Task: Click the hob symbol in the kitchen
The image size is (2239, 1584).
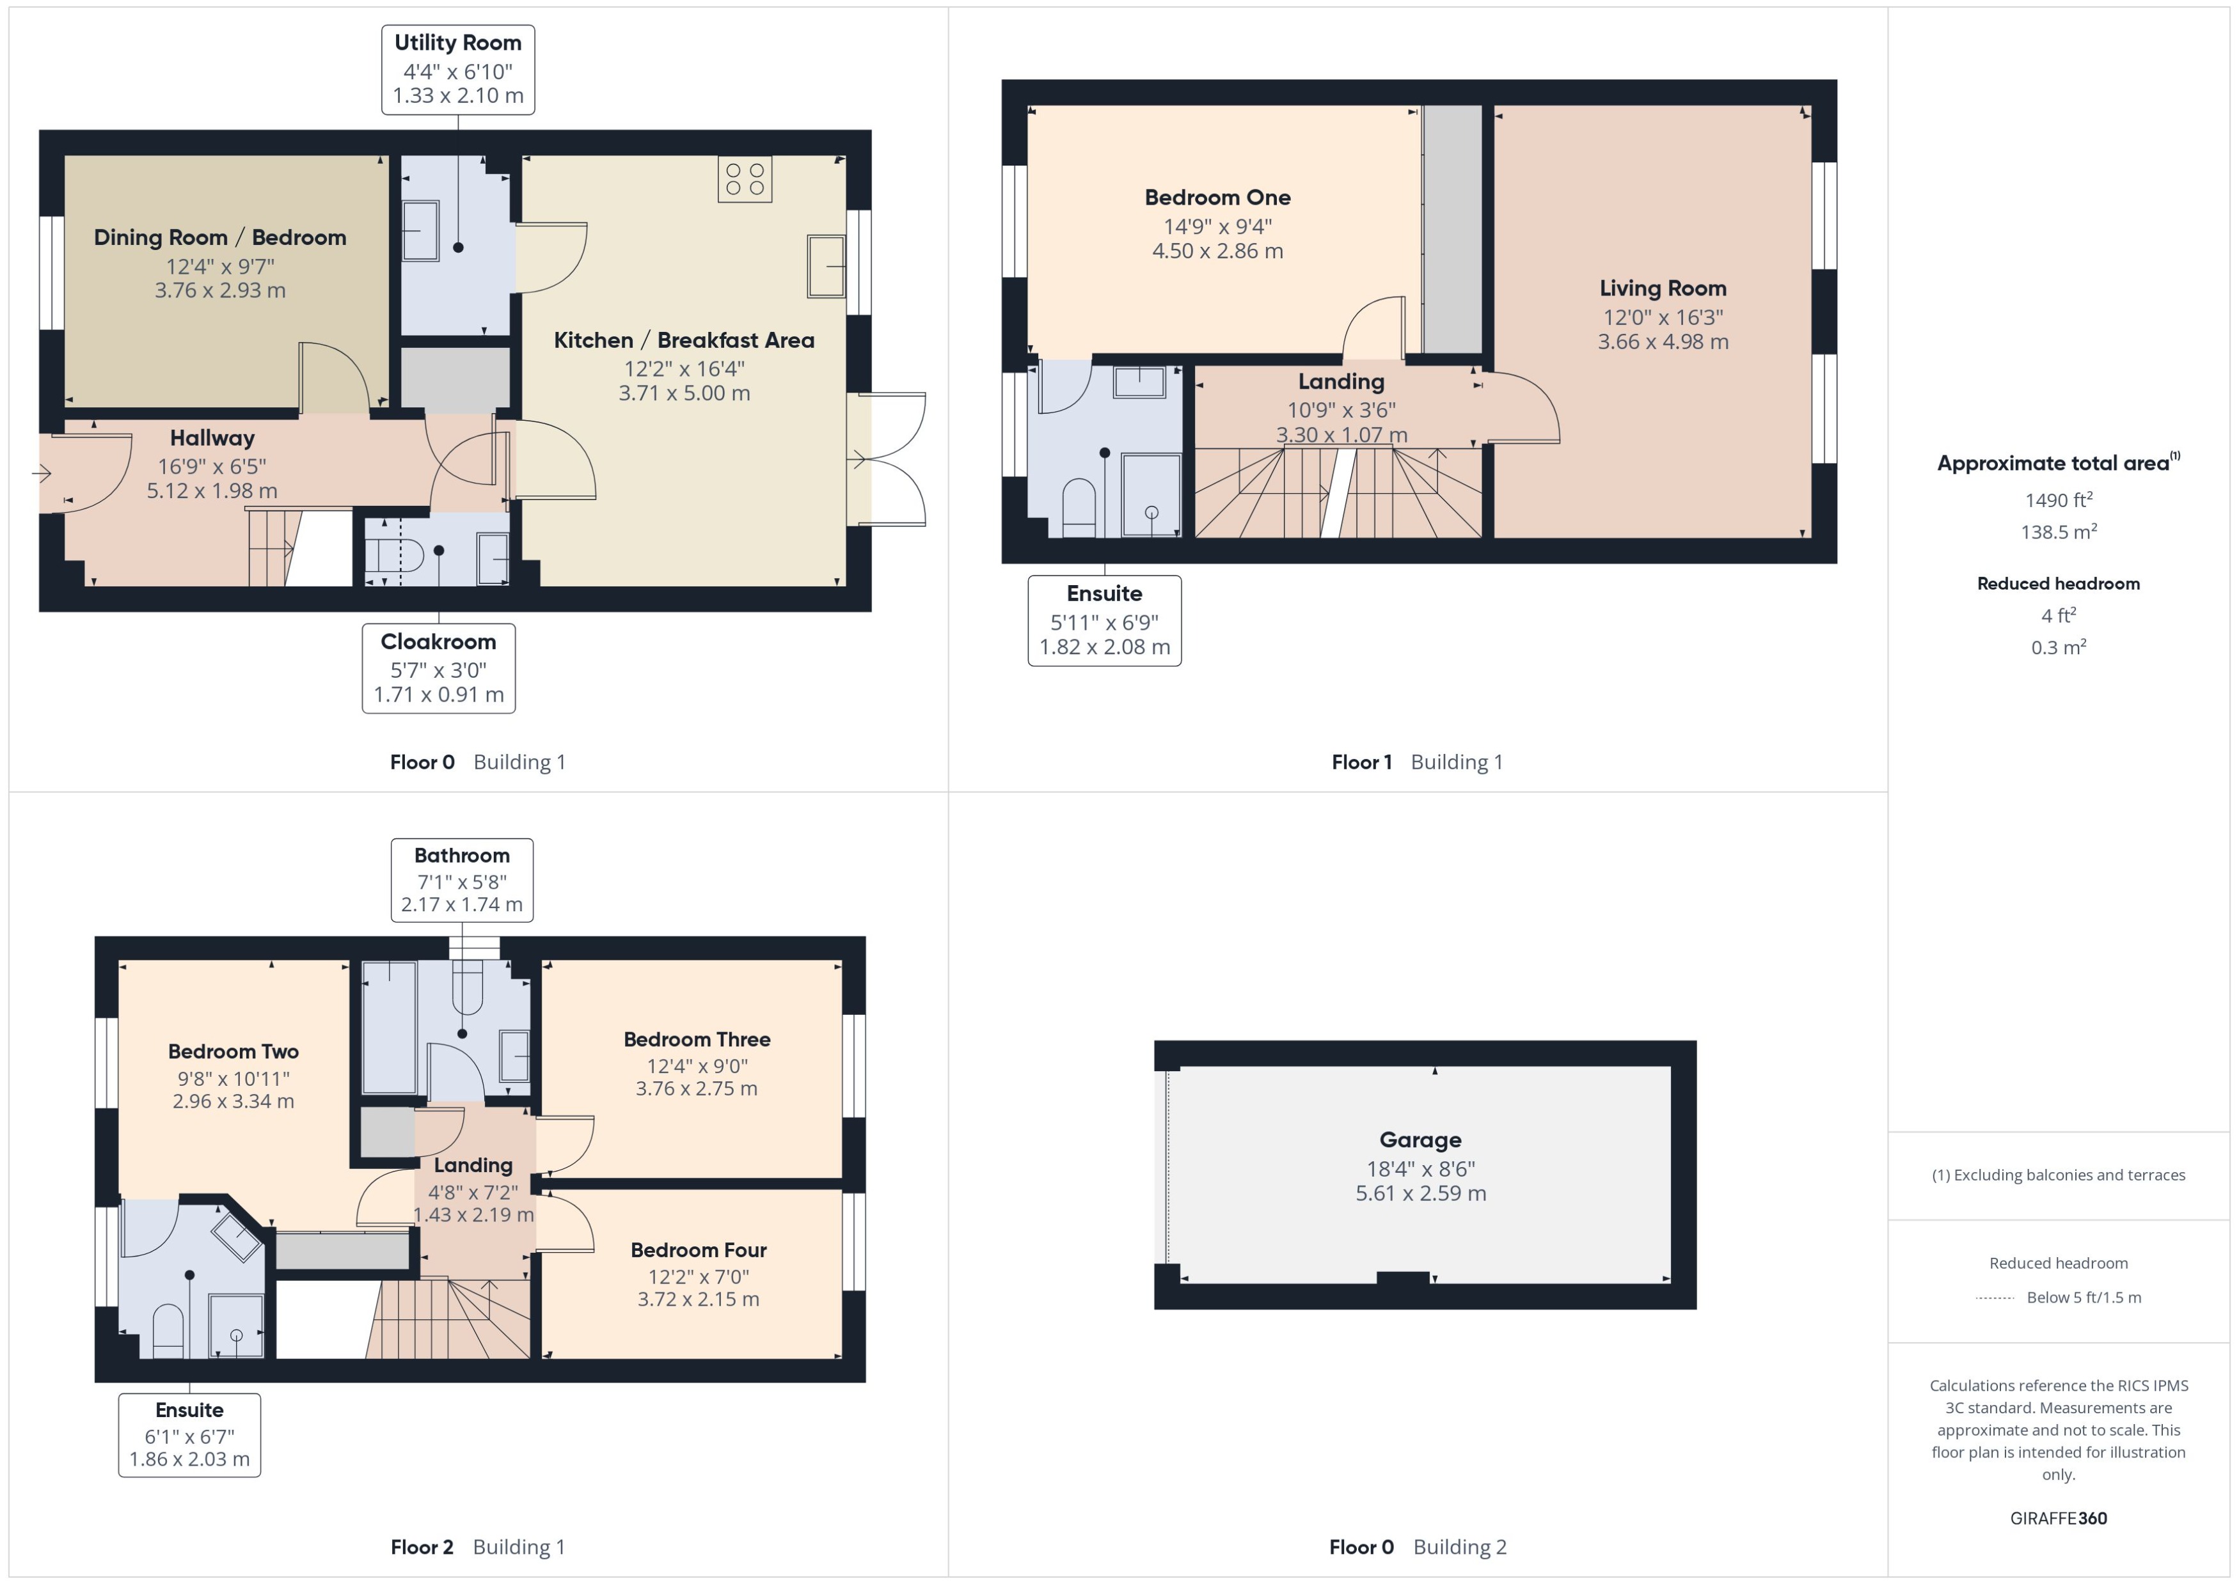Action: pyautogui.click(x=745, y=180)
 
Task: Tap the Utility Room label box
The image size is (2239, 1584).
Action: pyautogui.click(x=457, y=69)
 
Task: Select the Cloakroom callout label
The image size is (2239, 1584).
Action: pyautogui.click(x=438, y=668)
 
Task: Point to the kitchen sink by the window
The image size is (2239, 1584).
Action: pyautogui.click(x=825, y=265)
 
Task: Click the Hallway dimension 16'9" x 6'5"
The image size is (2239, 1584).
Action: pyautogui.click(x=212, y=466)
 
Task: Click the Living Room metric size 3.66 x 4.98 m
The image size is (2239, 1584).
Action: pyautogui.click(x=1663, y=342)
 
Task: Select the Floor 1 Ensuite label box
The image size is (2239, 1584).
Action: pyautogui.click(x=1104, y=620)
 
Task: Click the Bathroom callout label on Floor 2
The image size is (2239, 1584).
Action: pyautogui.click(x=461, y=880)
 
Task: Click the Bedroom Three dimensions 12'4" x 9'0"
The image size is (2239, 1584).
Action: pyautogui.click(x=697, y=1066)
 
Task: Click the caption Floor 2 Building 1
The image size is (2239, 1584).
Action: pyautogui.click(x=477, y=1547)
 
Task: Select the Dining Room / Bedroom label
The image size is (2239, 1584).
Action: pyautogui.click(x=219, y=238)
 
